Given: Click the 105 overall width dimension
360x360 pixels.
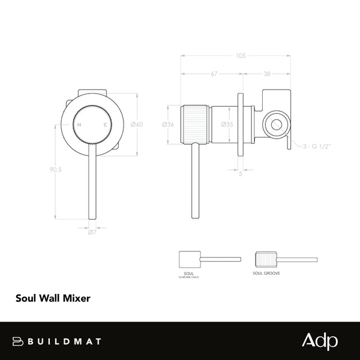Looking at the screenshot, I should click(241, 56).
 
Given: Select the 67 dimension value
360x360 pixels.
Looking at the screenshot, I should click(214, 74).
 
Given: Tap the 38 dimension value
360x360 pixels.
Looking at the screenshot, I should click(266, 74).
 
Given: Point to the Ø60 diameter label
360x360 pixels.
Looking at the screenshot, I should click(137, 125).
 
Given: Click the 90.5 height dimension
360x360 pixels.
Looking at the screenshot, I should click(56, 170).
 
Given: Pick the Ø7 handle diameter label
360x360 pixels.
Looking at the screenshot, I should click(92, 232).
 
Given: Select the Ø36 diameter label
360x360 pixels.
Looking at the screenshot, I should click(168, 125).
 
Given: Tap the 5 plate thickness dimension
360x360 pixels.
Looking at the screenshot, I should click(241, 174).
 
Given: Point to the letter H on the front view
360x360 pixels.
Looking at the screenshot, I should click(79, 124).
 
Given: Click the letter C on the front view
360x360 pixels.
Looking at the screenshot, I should click(106, 124).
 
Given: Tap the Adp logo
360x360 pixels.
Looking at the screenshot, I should click(319, 340).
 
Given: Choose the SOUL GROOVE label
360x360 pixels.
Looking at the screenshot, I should click(267, 273).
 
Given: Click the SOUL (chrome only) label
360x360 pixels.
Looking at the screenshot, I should click(190, 274).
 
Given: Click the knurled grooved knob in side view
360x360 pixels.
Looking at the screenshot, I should click(194, 125).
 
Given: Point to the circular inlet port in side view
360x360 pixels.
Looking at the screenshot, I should click(277, 125).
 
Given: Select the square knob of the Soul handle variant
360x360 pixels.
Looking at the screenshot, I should click(190, 259).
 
